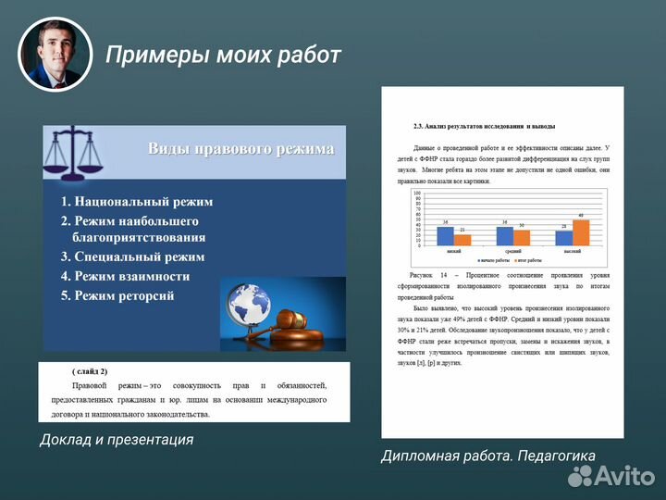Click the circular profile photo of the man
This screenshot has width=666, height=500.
(55, 53)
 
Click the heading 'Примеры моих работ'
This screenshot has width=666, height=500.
(223, 56)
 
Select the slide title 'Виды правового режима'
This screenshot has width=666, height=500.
(240, 150)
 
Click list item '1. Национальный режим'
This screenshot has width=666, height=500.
(137, 202)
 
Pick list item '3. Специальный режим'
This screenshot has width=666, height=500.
(132, 256)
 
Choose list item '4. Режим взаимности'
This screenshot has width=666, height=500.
(125, 276)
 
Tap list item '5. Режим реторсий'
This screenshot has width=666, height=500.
(117, 295)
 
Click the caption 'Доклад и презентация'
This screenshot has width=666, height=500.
(117, 440)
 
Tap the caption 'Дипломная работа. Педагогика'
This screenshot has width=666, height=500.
(487, 455)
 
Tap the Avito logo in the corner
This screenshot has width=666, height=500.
(611, 475)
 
